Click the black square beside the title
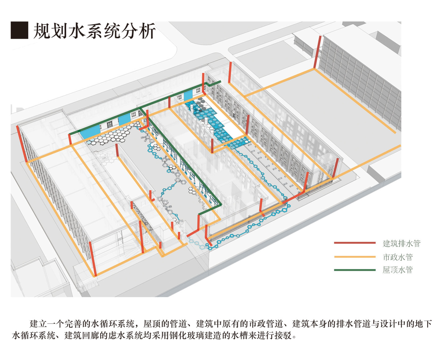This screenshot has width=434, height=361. click(x=19, y=30)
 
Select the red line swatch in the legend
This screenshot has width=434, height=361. click(x=355, y=243)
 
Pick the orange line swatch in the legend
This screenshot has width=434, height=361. click(x=355, y=257)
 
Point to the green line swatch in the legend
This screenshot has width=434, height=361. click(x=355, y=270)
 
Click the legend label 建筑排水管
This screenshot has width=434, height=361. click(x=401, y=243)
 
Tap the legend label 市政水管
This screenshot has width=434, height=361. click(x=398, y=257)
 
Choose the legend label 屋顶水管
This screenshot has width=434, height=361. click(x=398, y=270)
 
